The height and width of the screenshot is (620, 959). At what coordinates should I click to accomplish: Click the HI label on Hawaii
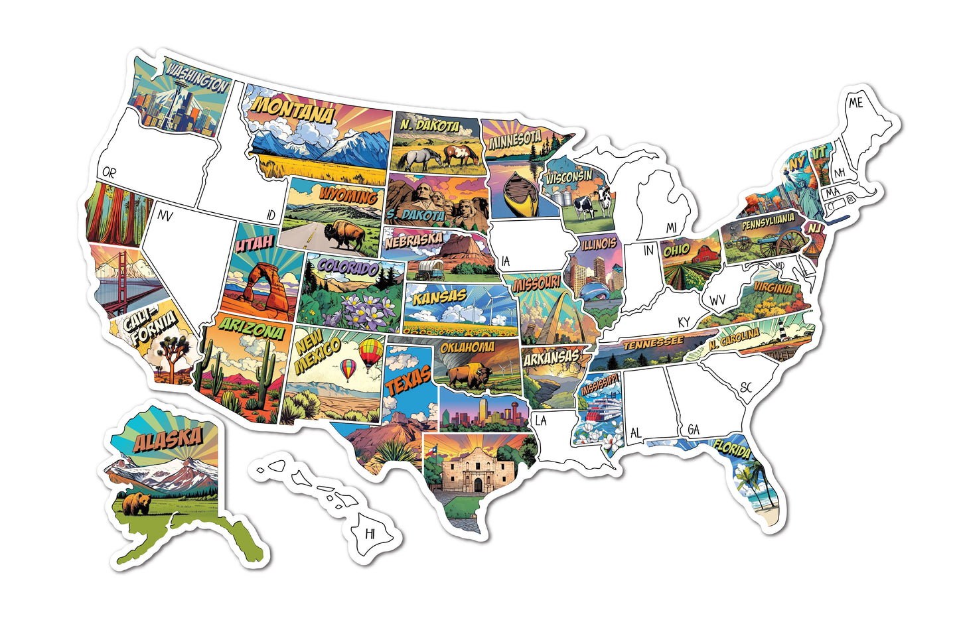370,532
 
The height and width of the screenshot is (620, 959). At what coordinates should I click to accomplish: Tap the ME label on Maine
855,103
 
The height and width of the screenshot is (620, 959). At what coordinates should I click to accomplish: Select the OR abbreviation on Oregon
109,172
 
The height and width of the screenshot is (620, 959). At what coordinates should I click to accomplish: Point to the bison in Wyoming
344,234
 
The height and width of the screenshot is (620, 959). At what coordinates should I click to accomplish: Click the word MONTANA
293,110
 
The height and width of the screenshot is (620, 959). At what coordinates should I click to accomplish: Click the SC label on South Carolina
745,387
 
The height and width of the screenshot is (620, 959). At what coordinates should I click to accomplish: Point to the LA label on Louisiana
541,420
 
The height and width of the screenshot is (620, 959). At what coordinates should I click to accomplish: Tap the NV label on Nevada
165,216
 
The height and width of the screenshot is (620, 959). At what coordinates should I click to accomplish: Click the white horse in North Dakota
419,158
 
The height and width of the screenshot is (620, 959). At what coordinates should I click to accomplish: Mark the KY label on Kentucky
684,322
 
